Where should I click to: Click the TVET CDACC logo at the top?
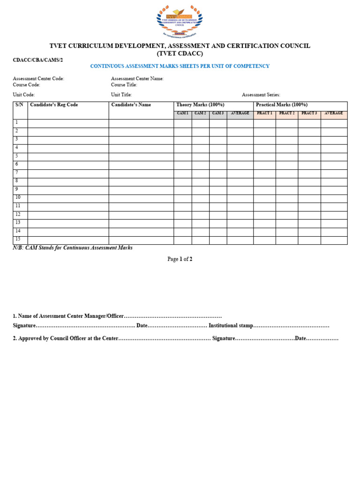[x=180, y=21]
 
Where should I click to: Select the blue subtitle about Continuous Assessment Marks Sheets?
[x=180, y=66]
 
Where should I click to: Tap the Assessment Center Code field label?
[x=38, y=79]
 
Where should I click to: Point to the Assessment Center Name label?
[x=137, y=79]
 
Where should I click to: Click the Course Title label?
[x=124, y=85]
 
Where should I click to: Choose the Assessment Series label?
[x=261, y=95]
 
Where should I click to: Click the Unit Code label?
[x=24, y=95]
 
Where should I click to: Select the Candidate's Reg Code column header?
[x=54, y=105]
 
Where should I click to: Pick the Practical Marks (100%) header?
[x=281, y=105]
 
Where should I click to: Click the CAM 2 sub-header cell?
[x=200, y=113]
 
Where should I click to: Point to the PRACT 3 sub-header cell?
[x=309, y=113]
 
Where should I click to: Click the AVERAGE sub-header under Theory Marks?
[x=240, y=113]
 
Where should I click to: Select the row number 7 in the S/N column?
[x=17, y=172]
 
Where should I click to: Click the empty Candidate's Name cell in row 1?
[x=141, y=123]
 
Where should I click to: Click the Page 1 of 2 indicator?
[x=180, y=259]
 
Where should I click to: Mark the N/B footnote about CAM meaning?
[x=73, y=247]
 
